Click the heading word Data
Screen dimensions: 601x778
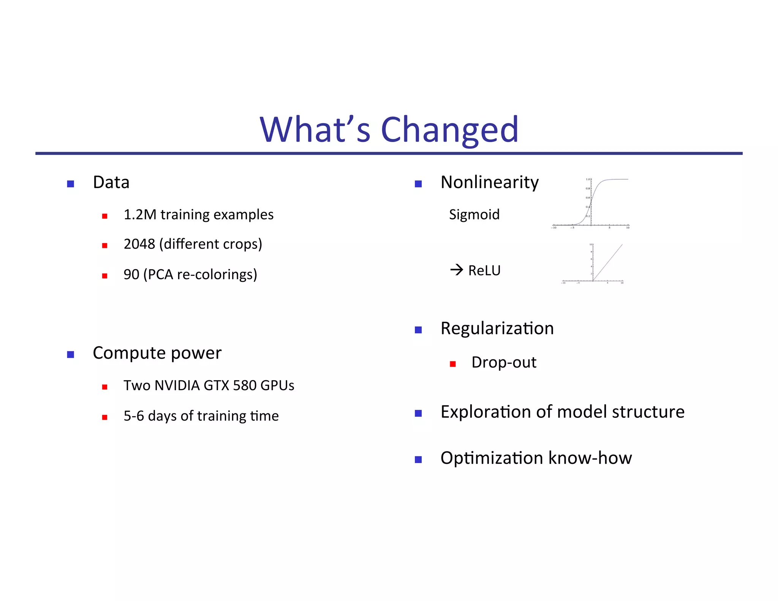[x=111, y=182]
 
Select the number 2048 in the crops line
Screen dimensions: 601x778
[x=139, y=244]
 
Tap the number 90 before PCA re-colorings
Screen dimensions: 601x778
[x=131, y=274]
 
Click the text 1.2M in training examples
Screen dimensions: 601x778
[x=140, y=215]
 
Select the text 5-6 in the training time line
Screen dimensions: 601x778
[x=134, y=416]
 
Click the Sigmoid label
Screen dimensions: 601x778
[x=474, y=215]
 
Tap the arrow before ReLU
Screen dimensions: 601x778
[x=456, y=270]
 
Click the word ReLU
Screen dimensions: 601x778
[x=484, y=270]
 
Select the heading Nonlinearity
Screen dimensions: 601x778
[x=489, y=182]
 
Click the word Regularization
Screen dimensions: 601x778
[x=497, y=328]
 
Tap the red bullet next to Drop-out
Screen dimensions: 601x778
[x=452, y=364]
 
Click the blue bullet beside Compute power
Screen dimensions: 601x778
[x=70, y=354]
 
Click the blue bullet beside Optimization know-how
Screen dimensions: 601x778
[x=418, y=460]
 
